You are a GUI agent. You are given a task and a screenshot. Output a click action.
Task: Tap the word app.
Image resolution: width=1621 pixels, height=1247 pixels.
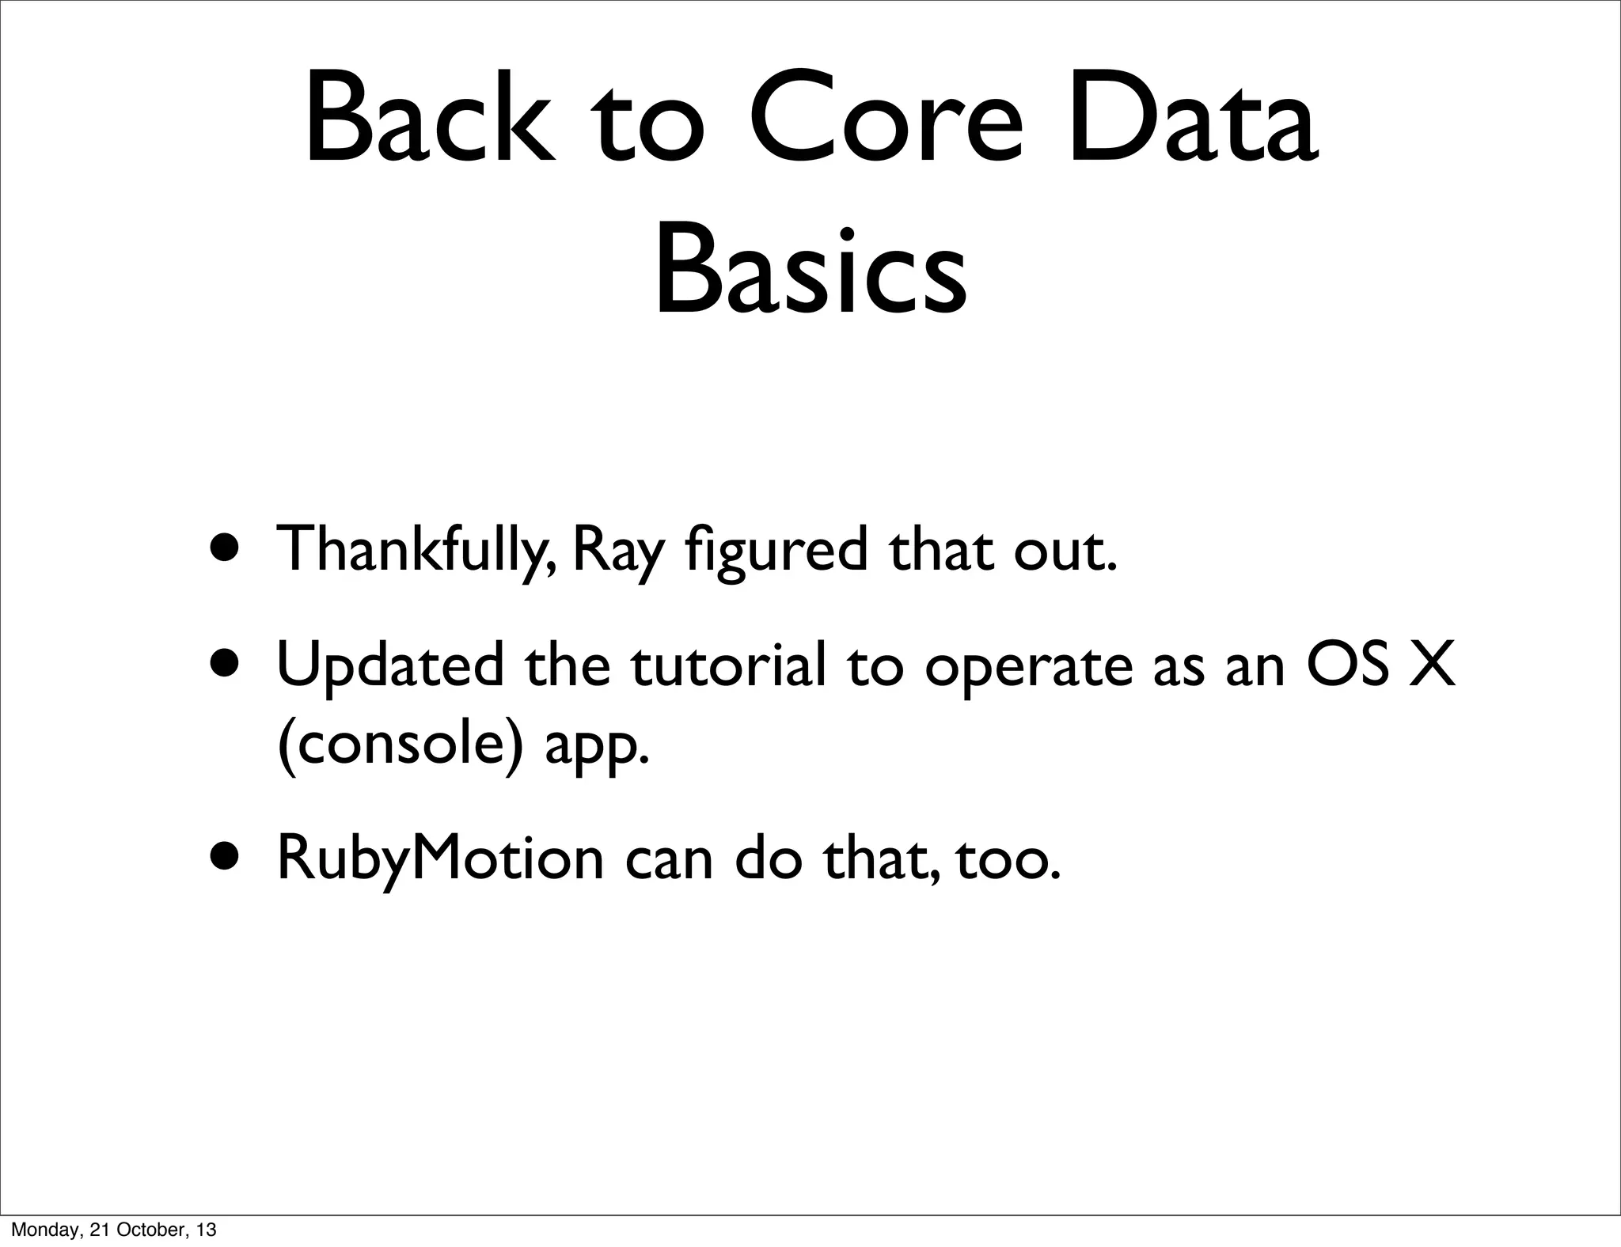pos(597,748)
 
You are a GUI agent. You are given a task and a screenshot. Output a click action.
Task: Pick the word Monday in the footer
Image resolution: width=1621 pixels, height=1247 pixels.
pos(38,1230)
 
